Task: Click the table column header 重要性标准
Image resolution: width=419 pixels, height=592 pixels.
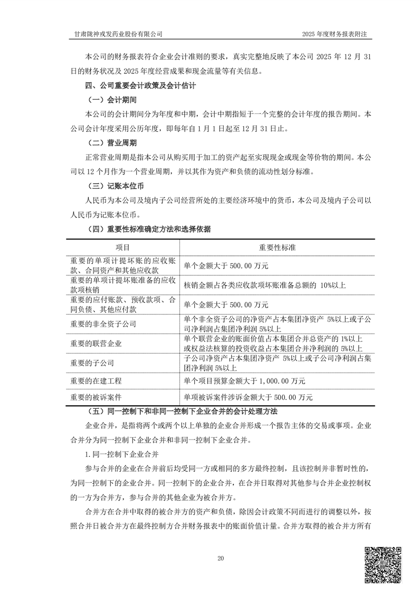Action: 277,247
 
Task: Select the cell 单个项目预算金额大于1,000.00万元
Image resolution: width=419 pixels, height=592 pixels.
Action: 244,380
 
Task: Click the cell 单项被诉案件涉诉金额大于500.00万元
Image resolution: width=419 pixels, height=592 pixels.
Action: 248,397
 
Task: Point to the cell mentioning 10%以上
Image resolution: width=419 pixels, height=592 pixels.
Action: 264,285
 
